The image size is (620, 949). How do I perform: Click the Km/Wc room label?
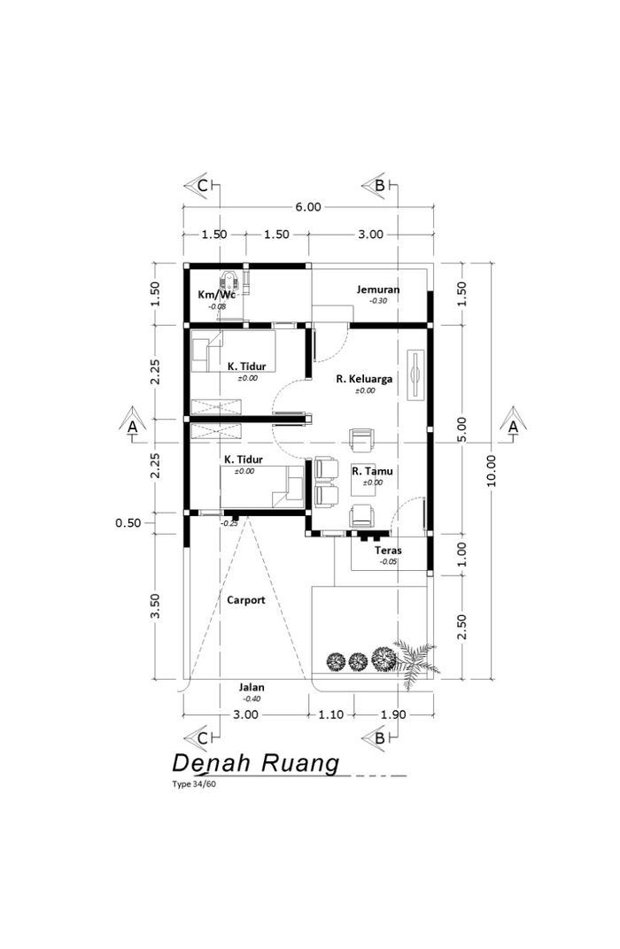tap(216, 294)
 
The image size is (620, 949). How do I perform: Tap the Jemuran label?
tap(378, 289)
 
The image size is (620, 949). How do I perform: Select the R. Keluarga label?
tap(365, 379)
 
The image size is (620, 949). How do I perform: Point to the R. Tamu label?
tap(372, 471)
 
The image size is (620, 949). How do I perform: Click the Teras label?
tap(388, 550)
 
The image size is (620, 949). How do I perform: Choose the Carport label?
tap(246, 600)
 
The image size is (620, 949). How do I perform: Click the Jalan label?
tap(252, 687)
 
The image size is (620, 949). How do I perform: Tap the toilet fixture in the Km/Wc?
tap(229, 282)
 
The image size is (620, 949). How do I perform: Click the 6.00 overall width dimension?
tap(308, 207)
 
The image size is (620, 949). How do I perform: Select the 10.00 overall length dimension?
tap(491, 470)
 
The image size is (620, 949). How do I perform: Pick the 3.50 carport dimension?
tap(155, 606)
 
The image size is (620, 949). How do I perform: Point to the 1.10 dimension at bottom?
tap(331, 714)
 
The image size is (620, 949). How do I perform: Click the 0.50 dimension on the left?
tap(128, 523)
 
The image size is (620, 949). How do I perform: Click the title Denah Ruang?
tap(256, 764)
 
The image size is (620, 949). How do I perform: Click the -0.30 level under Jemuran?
tap(378, 301)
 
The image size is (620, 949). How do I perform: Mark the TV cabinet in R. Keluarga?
tap(416, 374)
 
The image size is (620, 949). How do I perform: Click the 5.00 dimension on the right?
tap(462, 429)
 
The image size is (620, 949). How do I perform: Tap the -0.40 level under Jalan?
tap(252, 699)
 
